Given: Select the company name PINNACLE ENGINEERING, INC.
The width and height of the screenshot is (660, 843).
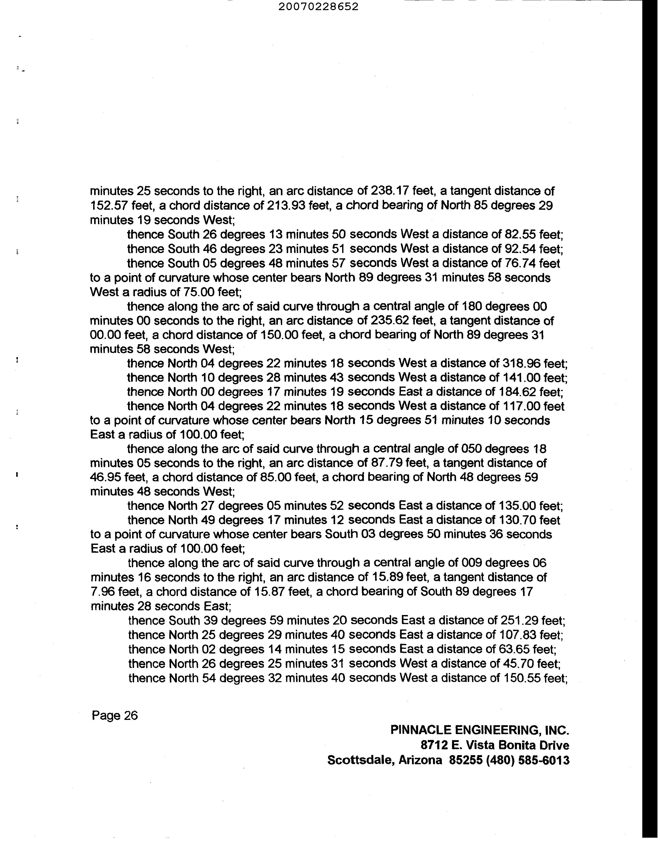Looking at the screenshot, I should (x=480, y=730).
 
